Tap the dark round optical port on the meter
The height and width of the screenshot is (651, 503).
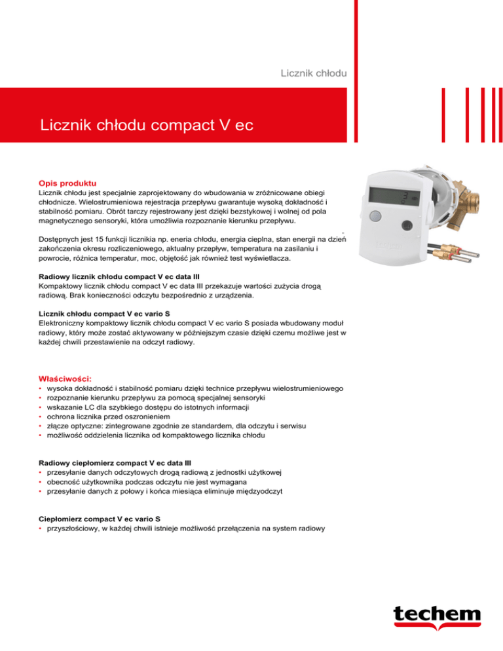(407, 226)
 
